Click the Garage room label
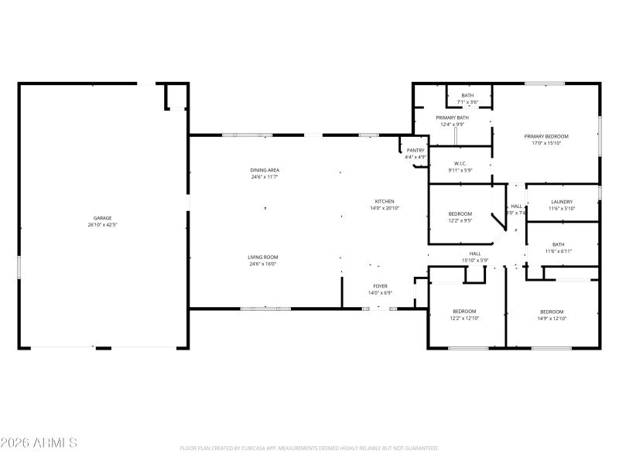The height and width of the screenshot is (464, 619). tap(103, 218)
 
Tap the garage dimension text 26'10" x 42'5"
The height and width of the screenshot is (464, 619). tap(103, 225)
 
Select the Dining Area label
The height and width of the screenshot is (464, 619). tap(264, 170)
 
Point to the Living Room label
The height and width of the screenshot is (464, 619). tap(263, 258)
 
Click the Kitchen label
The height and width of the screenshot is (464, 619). tap(385, 202)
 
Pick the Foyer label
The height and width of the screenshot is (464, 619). tap(381, 286)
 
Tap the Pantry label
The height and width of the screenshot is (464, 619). tap(416, 151)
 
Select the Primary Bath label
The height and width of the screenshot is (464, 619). tap(450, 118)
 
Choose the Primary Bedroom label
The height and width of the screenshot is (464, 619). tap(545, 136)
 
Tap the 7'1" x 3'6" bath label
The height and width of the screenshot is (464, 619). tap(468, 101)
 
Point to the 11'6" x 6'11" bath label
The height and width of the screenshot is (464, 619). tap(558, 251)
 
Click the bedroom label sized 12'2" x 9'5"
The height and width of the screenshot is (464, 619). tap(460, 220)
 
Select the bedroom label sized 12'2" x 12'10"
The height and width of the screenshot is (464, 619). tap(464, 318)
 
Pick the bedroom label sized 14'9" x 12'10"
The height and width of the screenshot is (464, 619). tap(552, 318)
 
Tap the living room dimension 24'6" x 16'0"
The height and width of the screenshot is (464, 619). tap(263, 264)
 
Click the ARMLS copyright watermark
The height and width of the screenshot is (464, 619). tap(39, 443)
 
